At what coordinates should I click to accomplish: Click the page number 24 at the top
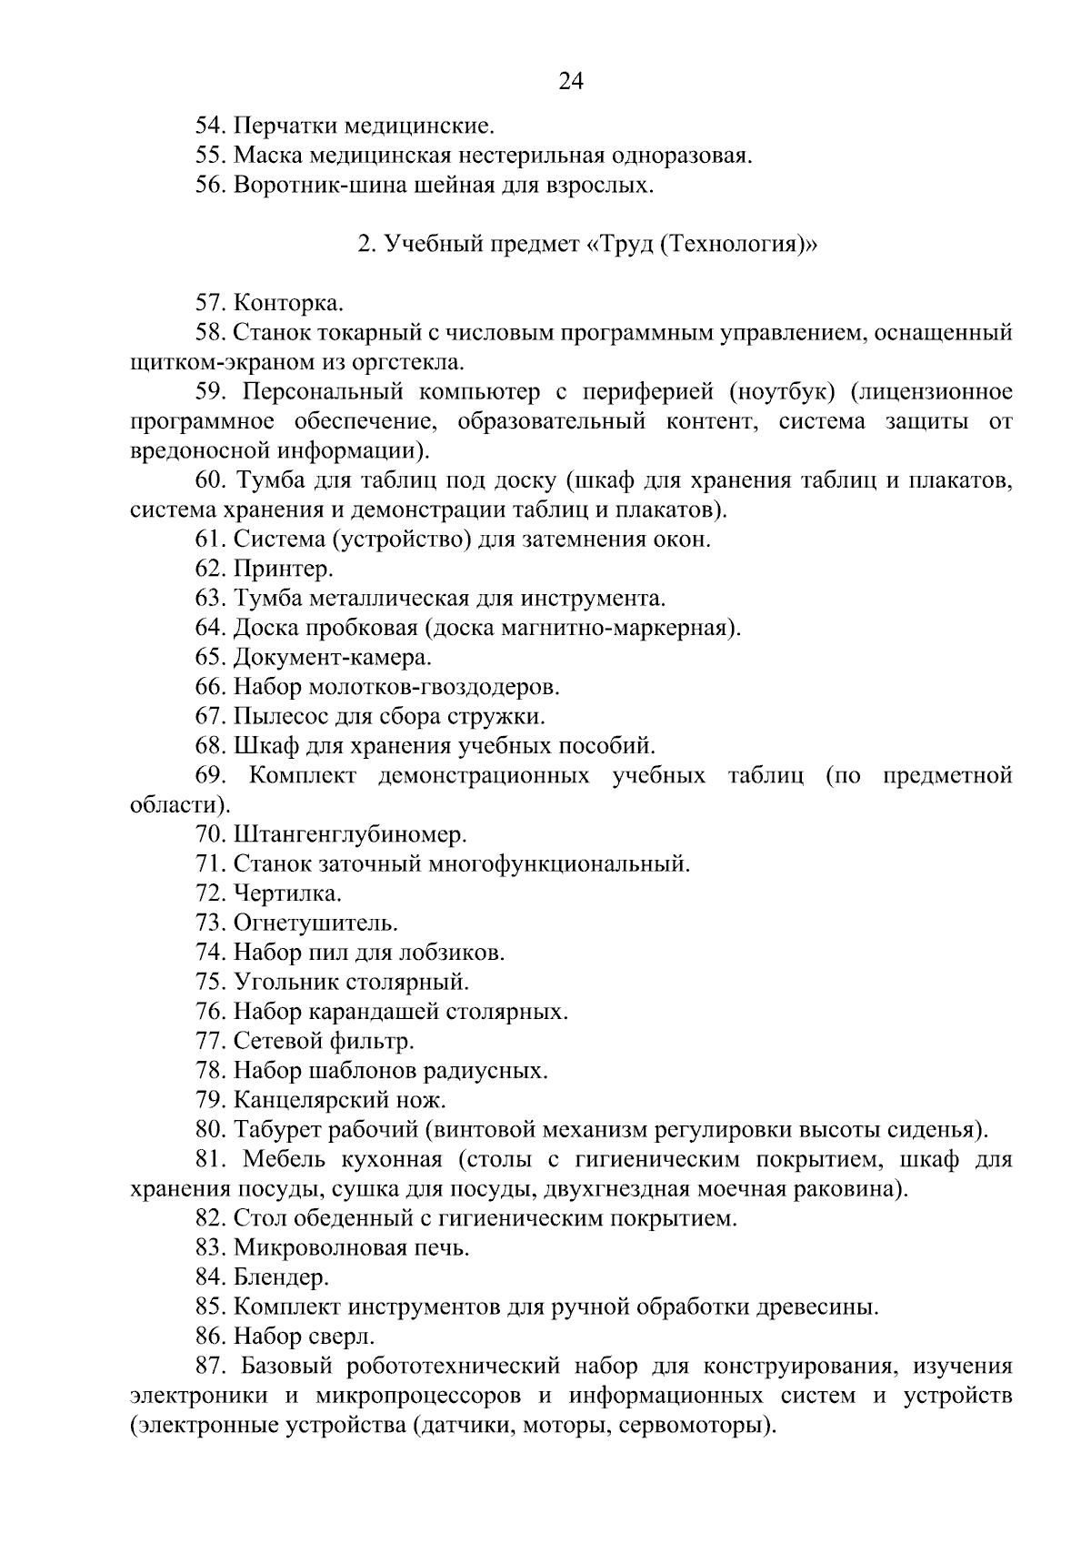coord(570,82)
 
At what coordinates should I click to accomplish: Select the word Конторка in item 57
coord(288,303)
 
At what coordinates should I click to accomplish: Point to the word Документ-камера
coord(333,657)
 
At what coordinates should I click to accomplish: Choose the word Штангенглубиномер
coord(350,833)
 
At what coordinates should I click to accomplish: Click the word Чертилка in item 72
coord(287,893)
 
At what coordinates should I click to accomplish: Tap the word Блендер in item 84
coord(281,1277)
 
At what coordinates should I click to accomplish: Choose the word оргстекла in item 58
coord(413,362)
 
